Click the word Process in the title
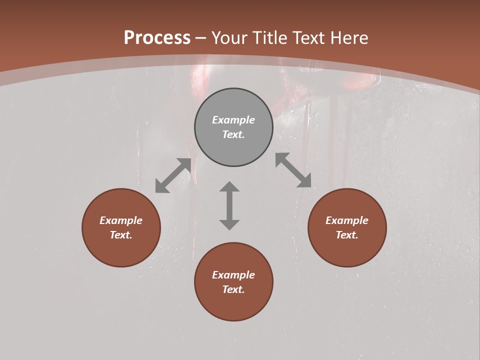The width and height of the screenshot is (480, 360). (x=157, y=37)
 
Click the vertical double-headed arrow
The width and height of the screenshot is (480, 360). (x=229, y=205)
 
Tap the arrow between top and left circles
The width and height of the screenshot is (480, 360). (x=173, y=175)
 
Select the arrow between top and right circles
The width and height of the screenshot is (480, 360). (x=293, y=170)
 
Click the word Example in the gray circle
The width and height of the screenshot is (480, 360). (x=233, y=120)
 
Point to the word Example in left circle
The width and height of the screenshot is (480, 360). (x=121, y=220)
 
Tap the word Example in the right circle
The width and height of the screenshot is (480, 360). (x=347, y=220)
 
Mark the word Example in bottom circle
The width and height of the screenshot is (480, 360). (x=233, y=275)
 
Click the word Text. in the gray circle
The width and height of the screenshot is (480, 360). (x=233, y=134)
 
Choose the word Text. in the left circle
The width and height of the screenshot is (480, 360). (x=121, y=235)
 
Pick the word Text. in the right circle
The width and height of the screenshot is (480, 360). (x=347, y=235)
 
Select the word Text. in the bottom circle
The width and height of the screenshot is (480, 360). (x=233, y=289)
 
